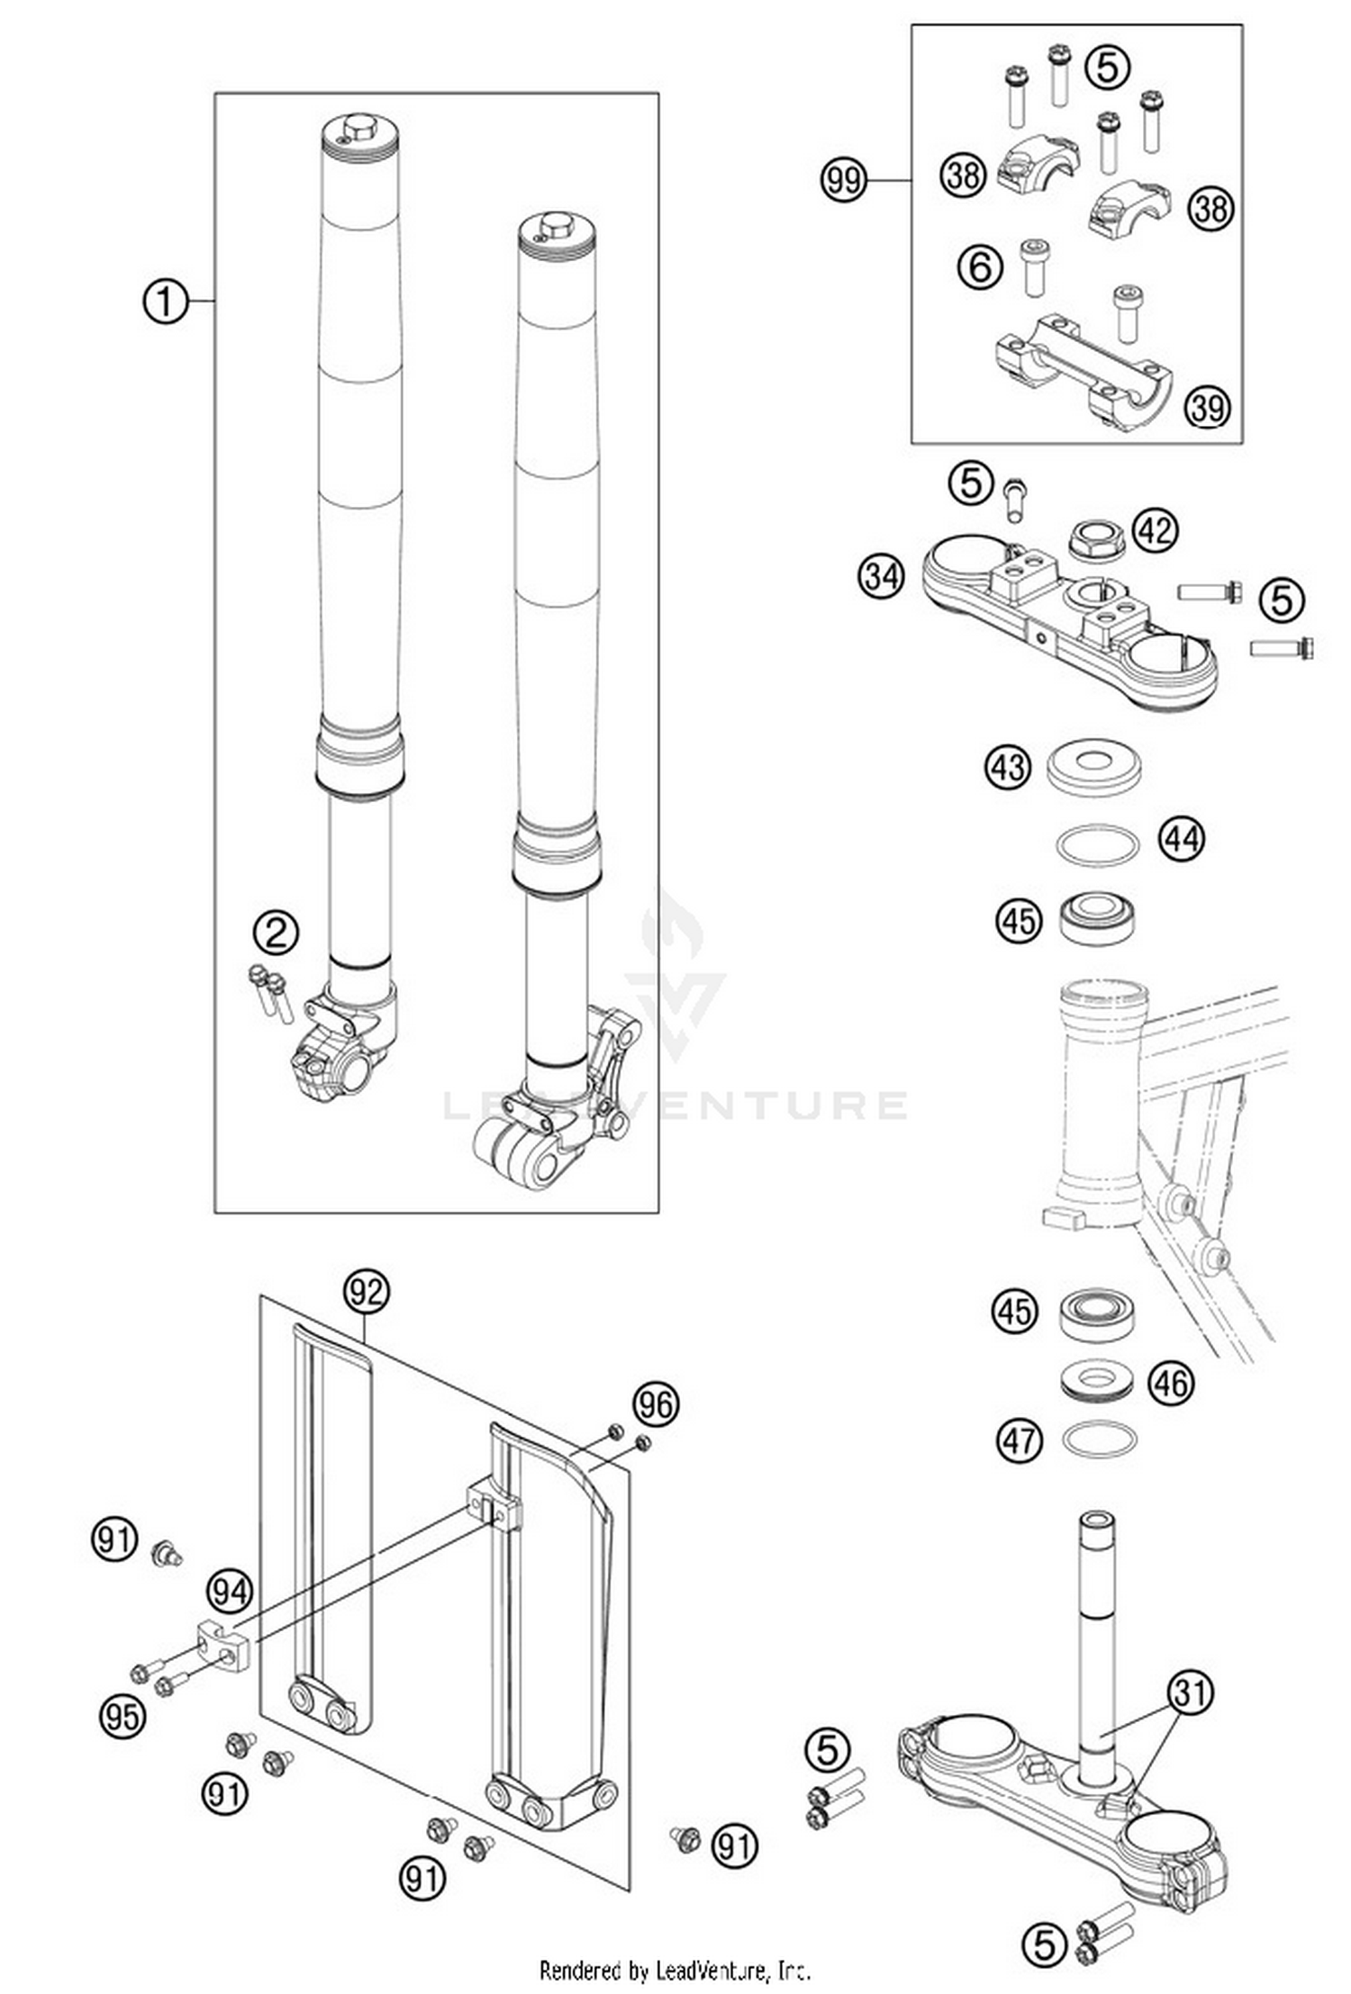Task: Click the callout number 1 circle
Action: [166, 302]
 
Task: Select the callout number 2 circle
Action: [276, 933]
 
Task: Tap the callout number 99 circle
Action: [843, 181]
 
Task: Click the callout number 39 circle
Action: [1207, 407]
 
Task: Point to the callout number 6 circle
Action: [980, 266]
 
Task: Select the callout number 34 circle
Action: [881, 574]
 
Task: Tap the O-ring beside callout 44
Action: [1096, 845]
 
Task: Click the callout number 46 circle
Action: [1171, 1383]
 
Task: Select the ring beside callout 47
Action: [1099, 1439]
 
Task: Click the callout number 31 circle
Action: [1190, 1692]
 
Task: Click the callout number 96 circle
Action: [656, 1403]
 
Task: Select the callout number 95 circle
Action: [122, 1716]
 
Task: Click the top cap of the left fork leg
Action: [359, 131]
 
